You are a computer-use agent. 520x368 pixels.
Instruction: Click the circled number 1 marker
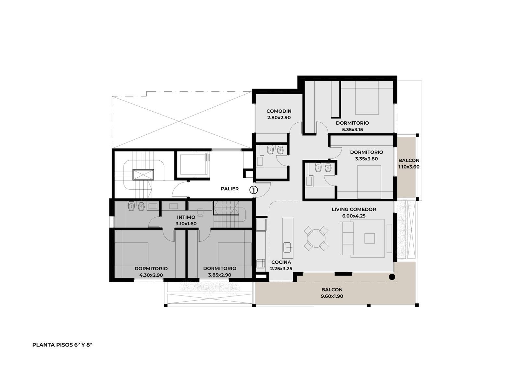pos(253,190)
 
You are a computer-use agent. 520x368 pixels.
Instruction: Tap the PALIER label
pos(229,189)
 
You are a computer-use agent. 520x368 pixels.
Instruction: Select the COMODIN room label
pos(279,111)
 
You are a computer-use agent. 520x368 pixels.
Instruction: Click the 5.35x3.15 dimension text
pos(352,129)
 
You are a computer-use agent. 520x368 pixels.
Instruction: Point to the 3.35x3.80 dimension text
pos(367,159)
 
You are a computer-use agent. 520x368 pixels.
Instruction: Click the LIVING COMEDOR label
pos(354,209)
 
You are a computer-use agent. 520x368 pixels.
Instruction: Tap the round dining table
pos(316,239)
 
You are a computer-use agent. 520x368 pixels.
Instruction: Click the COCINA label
pos(281,262)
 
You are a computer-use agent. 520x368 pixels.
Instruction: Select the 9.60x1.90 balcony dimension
pos(332,296)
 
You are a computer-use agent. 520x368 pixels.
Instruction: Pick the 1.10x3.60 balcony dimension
pos(409,167)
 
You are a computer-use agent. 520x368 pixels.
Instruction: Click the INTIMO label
pos(186,217)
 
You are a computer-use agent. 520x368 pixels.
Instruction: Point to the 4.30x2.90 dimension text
pos(151,275)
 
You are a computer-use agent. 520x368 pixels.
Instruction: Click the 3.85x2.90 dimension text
pos(220,275)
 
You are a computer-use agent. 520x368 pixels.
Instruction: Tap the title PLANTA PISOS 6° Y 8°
pos(62,345)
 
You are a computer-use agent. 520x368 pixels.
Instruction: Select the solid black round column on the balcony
pos(392,277)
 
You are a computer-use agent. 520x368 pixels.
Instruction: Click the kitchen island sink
pos(287,247)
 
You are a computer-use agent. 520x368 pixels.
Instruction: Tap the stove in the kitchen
pos(261,264)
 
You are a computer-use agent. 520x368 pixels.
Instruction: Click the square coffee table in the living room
pos(370,238)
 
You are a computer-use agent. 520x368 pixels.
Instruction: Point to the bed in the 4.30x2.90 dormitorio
pos(135,254)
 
